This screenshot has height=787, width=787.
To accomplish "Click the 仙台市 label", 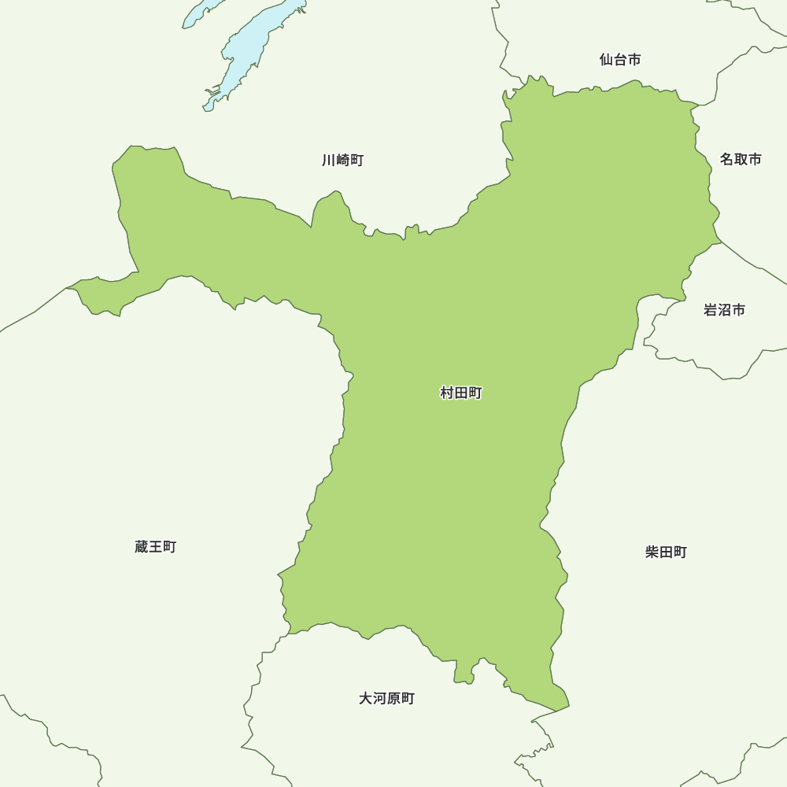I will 619,60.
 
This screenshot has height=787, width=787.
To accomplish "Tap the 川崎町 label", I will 342,161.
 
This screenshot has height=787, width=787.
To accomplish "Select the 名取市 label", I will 741,160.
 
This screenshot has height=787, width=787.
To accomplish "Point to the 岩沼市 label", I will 724,310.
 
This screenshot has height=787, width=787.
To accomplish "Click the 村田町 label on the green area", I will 460,393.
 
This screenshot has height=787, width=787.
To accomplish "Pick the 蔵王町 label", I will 155,547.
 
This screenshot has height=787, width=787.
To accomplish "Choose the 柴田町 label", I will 666,552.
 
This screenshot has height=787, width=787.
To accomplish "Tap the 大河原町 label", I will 386,699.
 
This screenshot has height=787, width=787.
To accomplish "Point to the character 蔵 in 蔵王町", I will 142,547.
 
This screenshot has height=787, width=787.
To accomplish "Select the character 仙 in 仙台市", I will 606,60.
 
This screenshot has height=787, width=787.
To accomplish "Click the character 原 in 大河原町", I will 393,699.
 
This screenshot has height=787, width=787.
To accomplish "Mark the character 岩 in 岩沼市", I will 711,310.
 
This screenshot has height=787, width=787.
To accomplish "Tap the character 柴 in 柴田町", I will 652,552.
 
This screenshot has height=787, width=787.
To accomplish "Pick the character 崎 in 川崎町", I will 342,161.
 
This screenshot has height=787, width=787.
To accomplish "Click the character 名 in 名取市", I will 727,160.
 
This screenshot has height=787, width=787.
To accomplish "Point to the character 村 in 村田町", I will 447,393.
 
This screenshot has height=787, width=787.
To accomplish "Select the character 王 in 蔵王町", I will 155,547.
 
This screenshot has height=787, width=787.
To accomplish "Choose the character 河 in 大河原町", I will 379,699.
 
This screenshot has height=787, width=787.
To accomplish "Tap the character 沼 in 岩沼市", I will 724,310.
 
